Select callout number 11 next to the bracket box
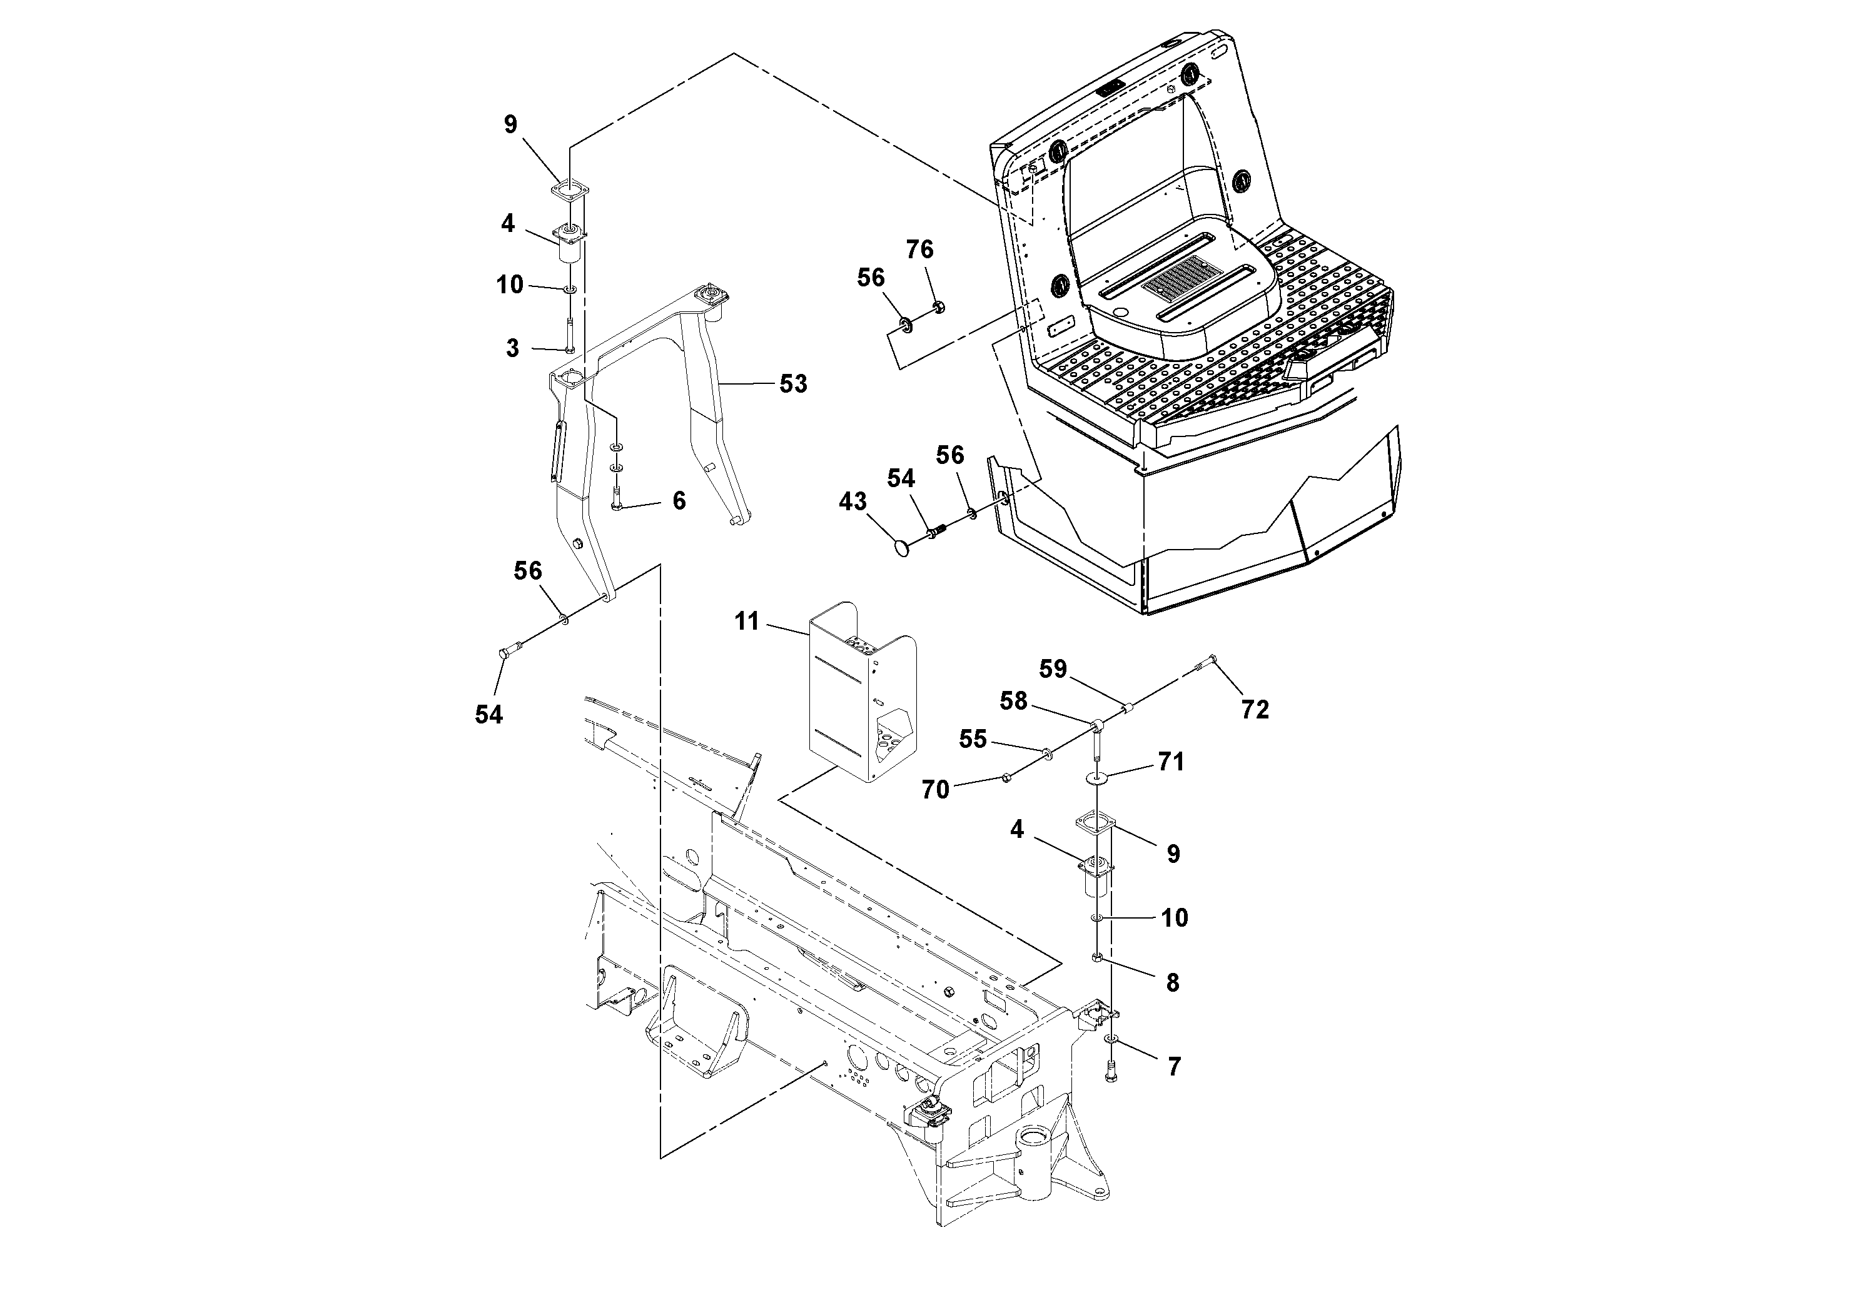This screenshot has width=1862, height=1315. tap(746, 622)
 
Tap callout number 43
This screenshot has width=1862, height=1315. tap(853, 502)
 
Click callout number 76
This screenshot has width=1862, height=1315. tap(919, 249)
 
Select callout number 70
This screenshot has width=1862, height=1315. tap(935, 789)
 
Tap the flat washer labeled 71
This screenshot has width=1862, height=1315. tap(1096, 777)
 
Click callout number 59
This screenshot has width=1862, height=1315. tap(1053, 669)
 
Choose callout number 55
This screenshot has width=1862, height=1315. tap(973, 738)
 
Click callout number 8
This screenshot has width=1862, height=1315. tap(1172, 982)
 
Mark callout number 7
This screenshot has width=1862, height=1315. tap(1173, 1067)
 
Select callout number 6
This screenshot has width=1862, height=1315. tap(679, 501)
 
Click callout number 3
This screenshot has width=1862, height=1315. tap(512, 349)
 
